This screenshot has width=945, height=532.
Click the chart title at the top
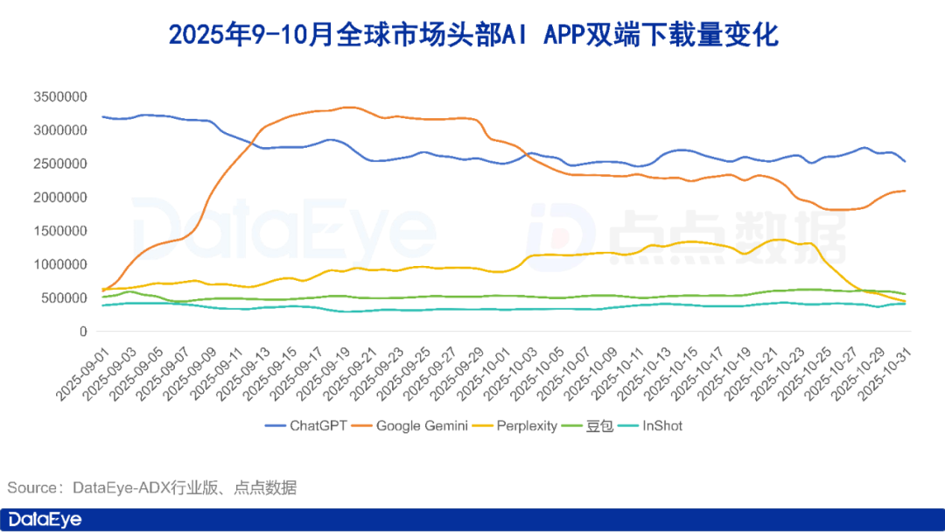472,35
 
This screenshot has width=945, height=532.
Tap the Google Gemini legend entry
423,426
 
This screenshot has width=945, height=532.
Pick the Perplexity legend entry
526,426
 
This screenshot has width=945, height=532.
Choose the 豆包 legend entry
597,426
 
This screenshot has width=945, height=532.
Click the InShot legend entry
661,426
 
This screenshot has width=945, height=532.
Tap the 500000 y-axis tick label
65,298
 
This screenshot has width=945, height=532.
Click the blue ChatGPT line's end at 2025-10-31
905,162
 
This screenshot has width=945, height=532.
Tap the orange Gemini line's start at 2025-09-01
103,290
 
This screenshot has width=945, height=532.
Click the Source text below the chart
152,487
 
